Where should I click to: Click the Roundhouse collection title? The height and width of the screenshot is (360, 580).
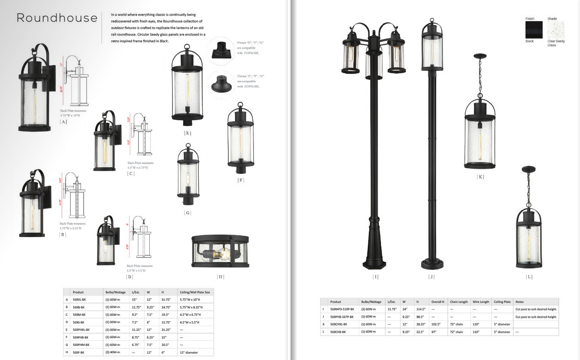(x=57, y=18)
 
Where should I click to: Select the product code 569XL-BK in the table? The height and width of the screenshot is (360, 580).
(x=79, y=299)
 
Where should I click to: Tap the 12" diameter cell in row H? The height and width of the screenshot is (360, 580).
(x=189, y=352)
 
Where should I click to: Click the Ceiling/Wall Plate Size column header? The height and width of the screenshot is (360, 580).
(x=194, y=292)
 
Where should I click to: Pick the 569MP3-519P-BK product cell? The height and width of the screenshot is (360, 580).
(x=342, y=309)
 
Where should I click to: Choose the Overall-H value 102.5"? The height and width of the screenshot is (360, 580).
(x=436, y=324)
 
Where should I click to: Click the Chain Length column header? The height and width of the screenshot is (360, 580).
(x=459, y=302)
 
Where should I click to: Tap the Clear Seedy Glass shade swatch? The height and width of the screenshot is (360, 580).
(x=555, y=30)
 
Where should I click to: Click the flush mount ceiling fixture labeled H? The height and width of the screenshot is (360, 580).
(x=220, y=252)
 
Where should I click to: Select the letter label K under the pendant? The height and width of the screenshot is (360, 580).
(x=480, y=177)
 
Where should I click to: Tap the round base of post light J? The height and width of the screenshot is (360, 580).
(x=432, y=264)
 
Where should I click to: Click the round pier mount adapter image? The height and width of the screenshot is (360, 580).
(x=221, y=84)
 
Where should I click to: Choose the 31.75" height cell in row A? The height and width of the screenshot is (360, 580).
(x=165, y=299)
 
